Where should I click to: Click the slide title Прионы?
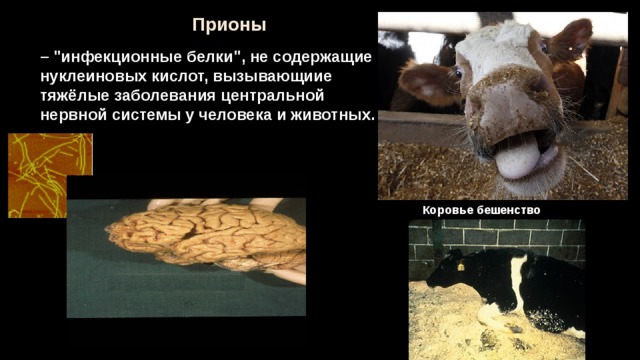click(229, 25)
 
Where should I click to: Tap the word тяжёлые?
click(75, 96)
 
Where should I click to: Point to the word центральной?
click(272, 97)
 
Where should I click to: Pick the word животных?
click(332, 116)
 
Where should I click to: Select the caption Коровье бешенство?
click(481, 211)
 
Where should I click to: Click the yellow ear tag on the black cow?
click(461, 267)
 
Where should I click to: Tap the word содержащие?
click(322, 58)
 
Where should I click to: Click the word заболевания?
click(165, 96)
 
